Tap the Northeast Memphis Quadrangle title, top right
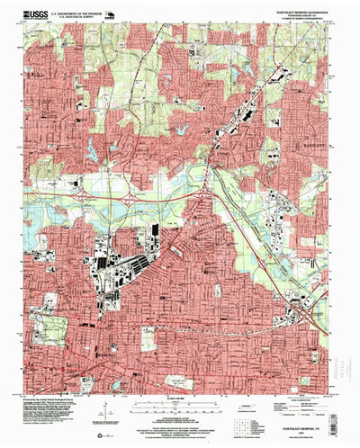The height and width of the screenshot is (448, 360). (292, 12)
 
